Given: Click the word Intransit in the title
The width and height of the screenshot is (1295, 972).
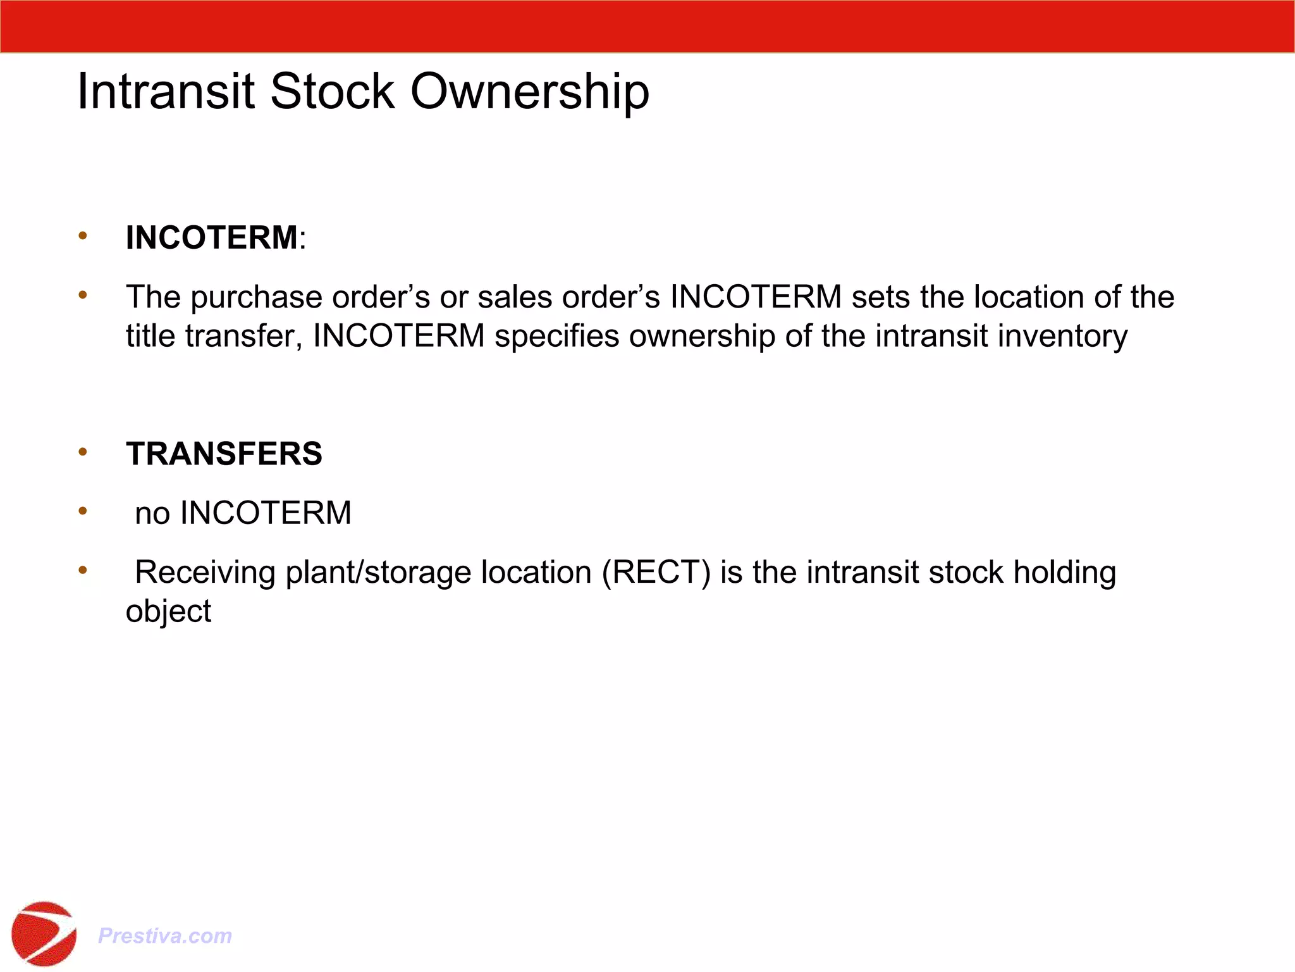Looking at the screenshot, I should click(x=166, y=92).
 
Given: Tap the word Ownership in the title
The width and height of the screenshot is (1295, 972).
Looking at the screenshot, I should click(x=530, y=92).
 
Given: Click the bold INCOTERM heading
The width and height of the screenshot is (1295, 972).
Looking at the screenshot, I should click(x=211, y=238).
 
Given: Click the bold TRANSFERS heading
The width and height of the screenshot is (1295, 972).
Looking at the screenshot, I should click(x=224, y=454).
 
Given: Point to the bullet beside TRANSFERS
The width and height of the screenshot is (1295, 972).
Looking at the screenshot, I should click(x=83, y=452).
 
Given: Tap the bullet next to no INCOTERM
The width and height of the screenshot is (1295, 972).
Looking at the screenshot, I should click(x=83, y=511).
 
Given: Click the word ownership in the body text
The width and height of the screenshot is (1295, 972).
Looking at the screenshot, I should click(x=702, y=336).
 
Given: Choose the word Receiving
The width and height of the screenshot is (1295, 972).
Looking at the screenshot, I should click(x=205, y=573).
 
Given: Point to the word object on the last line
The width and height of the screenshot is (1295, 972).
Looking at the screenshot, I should click(x=168, y=612).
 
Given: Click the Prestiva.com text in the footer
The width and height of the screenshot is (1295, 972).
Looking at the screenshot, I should click(x=165, y=935).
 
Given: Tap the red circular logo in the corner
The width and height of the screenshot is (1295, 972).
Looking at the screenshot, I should click(x=44, y=934).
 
